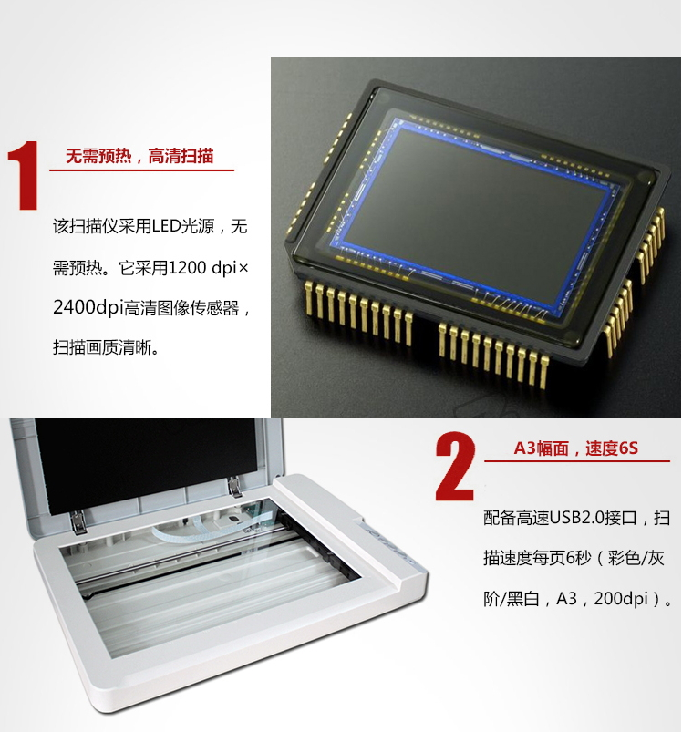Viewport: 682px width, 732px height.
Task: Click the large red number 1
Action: [x=24, y=175]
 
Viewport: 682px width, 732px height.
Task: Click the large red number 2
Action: [x=455, y=467]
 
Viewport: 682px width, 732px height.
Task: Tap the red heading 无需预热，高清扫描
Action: [x=139, y=156]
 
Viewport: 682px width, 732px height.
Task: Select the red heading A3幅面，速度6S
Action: [x=576, y=448]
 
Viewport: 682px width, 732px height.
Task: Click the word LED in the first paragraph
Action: [x=166, y=226]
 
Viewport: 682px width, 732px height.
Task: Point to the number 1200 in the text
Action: [x=187, y=267]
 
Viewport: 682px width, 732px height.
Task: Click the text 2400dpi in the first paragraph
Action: [x=88, y=308]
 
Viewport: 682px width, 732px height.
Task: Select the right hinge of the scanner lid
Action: [x=236, y=487]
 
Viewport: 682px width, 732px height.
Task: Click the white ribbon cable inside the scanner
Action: [x=196, y=531]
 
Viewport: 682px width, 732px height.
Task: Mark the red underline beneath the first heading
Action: [x=141, y=170]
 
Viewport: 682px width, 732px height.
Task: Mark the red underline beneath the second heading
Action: [x=576, y=460]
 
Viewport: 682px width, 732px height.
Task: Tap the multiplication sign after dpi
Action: [x=243, y=268]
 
